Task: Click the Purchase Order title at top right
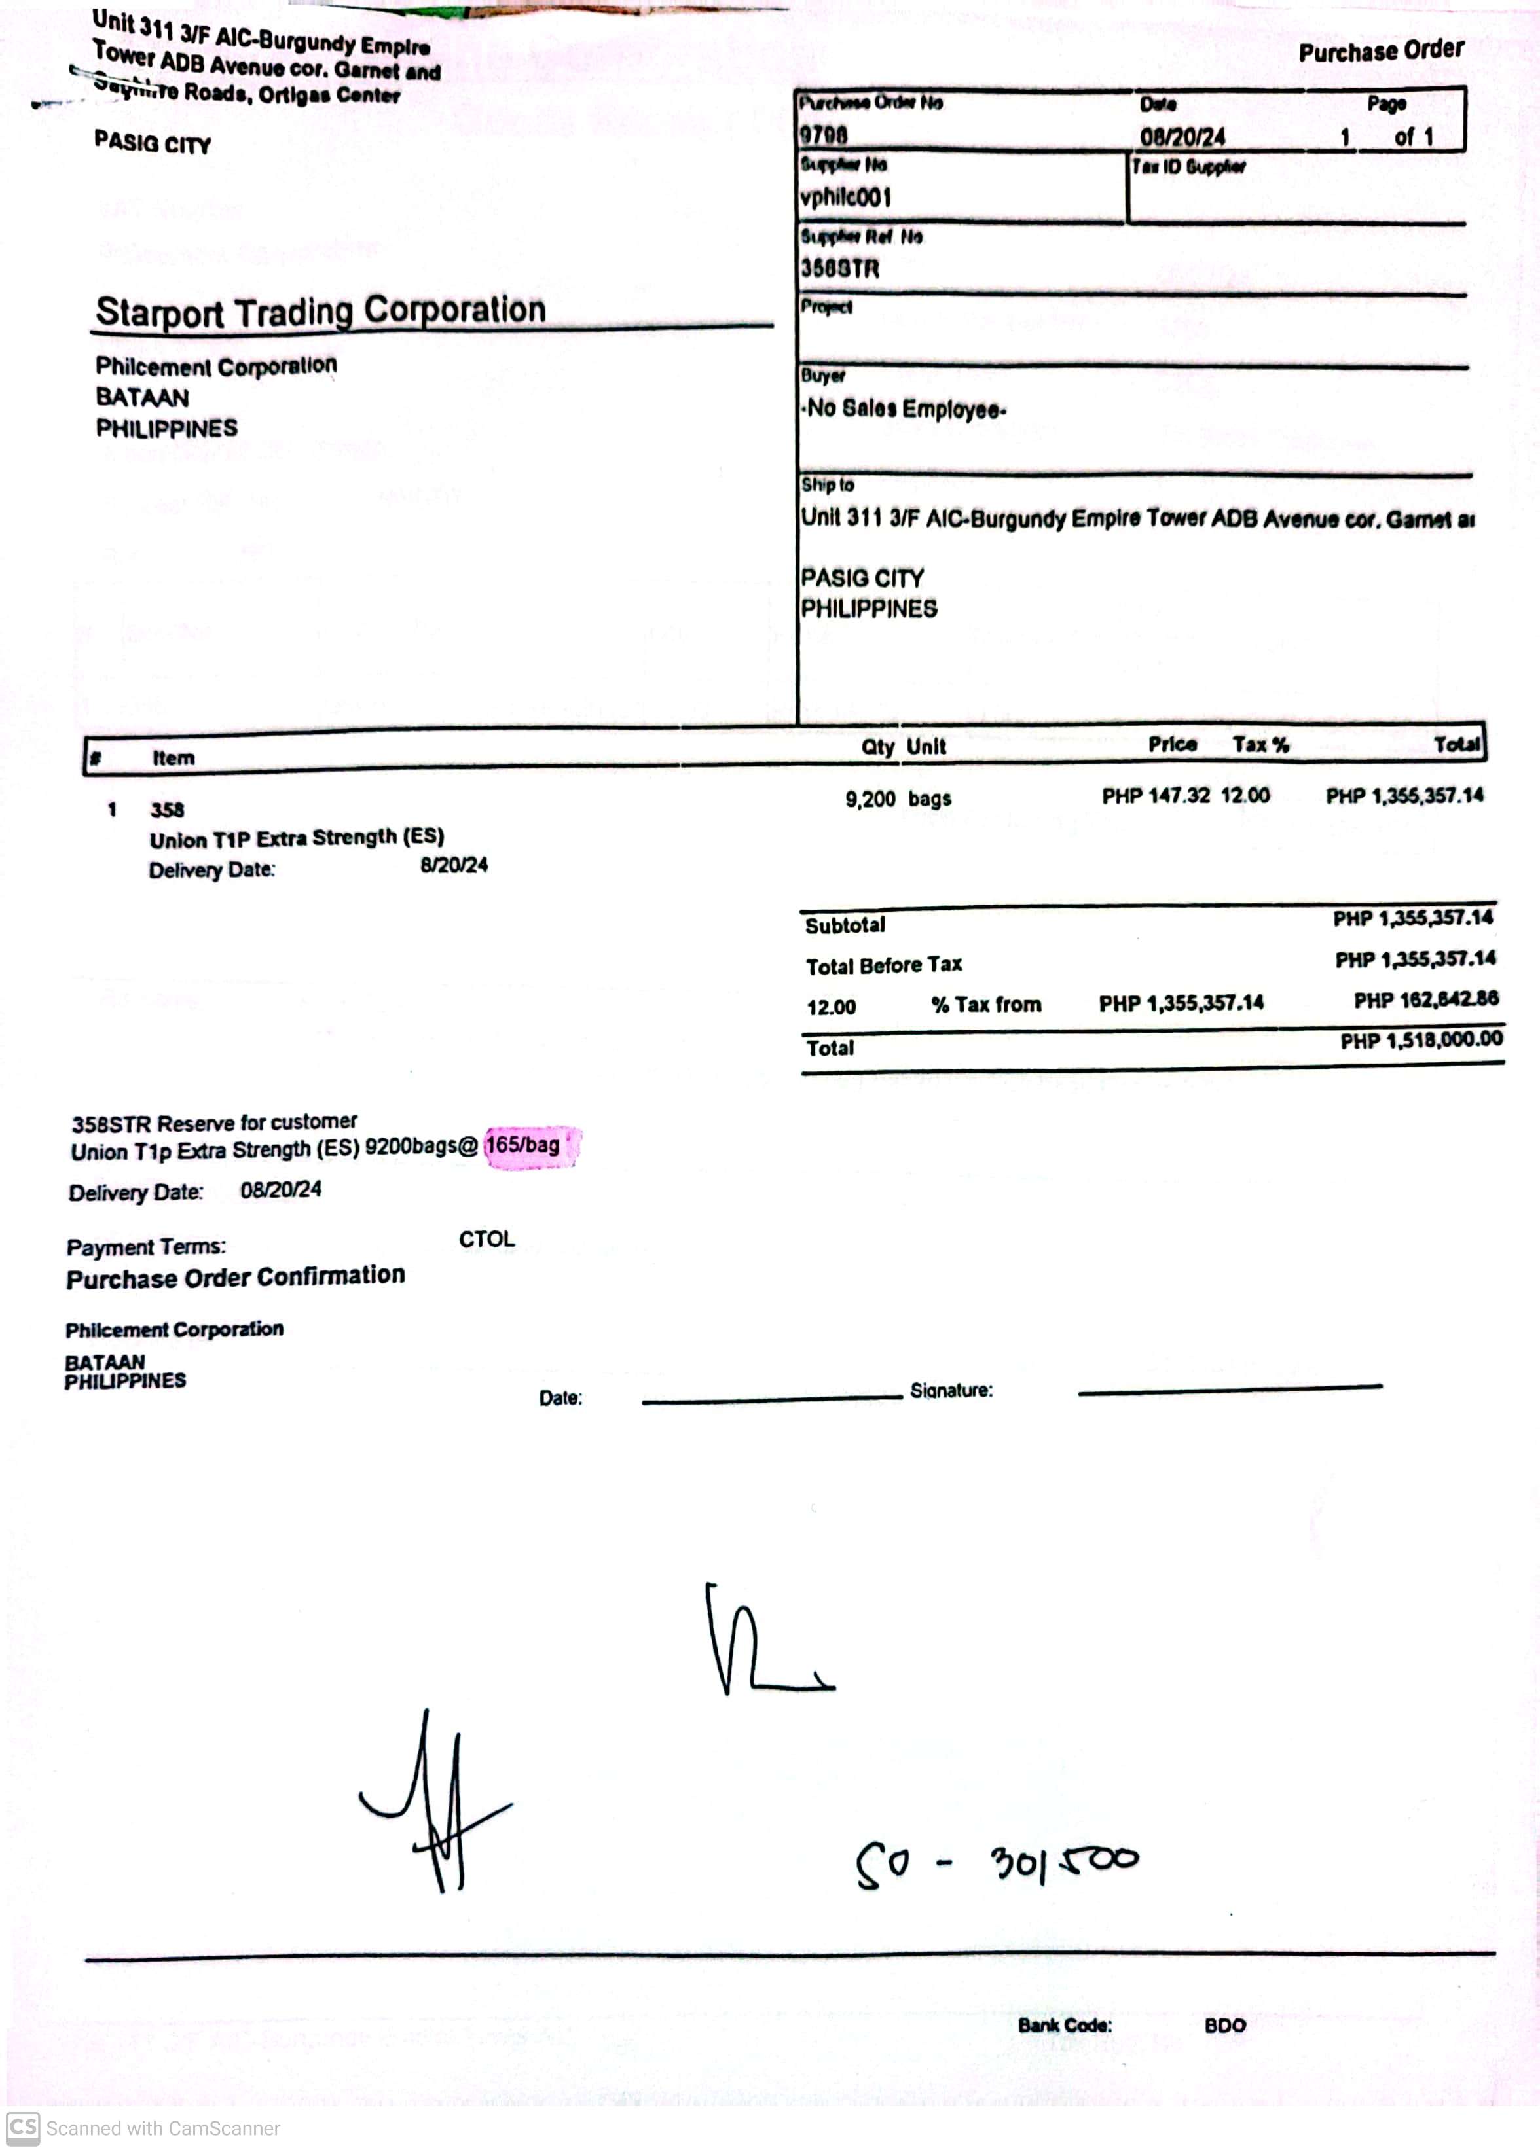coord(1381,51)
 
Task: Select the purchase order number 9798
coord(823,135)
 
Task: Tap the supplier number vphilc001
coord(845,197)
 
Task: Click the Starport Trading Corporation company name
coord(321,311)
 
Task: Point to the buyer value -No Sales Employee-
coord(904,410)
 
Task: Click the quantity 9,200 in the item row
coord(870,799)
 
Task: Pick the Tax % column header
coord(1260,745)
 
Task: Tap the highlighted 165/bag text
coord(522,1145)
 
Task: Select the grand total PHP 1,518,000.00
coord(1421,1041)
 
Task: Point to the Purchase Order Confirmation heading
coord(235,1277)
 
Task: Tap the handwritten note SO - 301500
coord(997,1864)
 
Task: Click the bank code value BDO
coord(1224,2026)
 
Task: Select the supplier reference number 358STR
coord(839,269)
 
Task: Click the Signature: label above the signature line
coord(951,1391)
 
